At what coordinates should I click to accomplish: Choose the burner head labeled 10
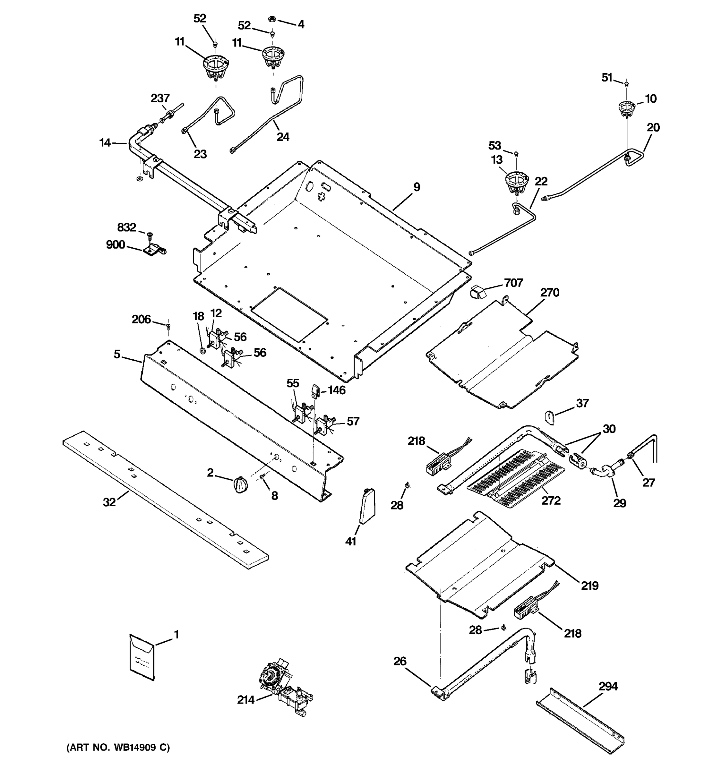point(626,109)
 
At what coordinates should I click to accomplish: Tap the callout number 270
point(550,292)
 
